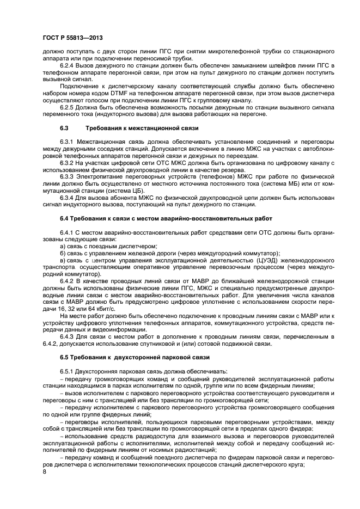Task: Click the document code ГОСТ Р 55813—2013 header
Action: point(72,38)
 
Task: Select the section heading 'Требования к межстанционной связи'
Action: point(142,128)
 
